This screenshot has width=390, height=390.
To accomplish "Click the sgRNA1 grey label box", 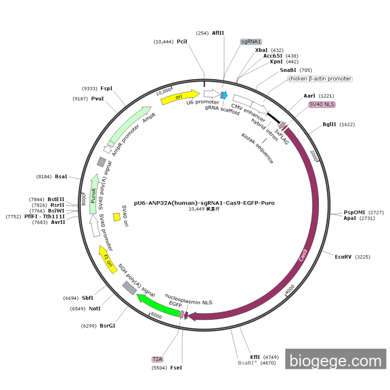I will point(251,42).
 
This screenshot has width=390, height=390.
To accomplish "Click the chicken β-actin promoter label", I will point(320,79).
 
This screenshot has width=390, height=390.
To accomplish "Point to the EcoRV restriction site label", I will point(344,257).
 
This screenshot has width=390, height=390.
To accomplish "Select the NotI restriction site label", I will point(94,308).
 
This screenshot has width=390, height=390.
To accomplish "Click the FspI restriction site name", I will point(106,89).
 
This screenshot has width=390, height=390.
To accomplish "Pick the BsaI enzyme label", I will point(61,177).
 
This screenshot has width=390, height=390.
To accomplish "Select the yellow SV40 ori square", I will point(117,217).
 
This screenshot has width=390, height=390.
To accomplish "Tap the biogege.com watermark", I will point(335,360).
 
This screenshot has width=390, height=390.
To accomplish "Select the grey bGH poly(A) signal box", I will point(129,287).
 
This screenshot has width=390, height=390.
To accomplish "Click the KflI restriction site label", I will point(255,357).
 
